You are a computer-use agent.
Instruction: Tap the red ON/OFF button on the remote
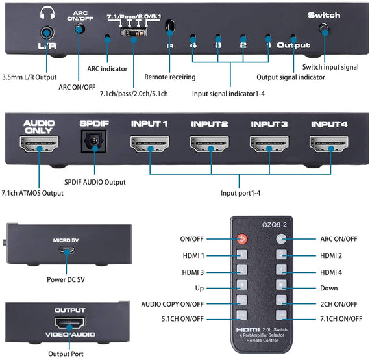pyautogui.click(x=241, y=238)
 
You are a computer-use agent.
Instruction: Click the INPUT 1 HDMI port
pyautogui.click(x=149, y=144)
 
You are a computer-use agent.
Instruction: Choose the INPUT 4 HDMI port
pyautogui.click(x=329, y=144)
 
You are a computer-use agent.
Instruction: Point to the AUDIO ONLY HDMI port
pyautogui.click(x=40, y=144)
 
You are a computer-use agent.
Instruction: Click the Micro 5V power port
pyautogui.click(x=66, y=252)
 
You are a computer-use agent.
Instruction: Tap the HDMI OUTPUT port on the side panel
pyautogui.click(x=69, y=324)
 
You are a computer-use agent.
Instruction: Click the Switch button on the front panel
pyautogui.click(x=324, y=29)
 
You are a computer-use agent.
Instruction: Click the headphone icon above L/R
pyautogui.click(x=46, y=12)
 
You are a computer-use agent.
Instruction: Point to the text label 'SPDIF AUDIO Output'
pyautogui.click(x=95, y=182)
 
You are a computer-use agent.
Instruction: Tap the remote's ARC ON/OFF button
pyautogui.click(x=281, y=238)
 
